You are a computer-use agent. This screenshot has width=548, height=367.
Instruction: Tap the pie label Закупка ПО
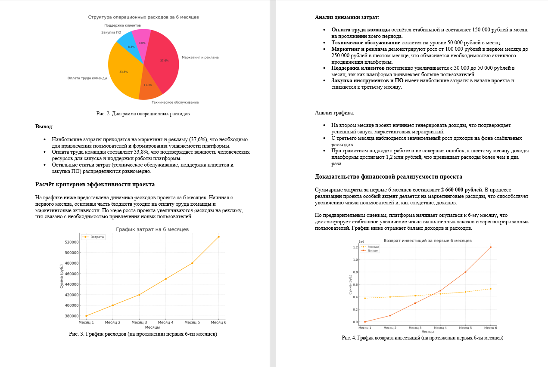(x=111, y=33)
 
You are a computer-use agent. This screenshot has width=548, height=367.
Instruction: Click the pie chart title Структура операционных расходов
(x=143, y=17)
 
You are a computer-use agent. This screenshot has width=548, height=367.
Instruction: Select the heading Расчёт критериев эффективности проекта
(x=95, y=185)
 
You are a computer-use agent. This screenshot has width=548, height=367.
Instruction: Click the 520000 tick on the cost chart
(x=70, y=242)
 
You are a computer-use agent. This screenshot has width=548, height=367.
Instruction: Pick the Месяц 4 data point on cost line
(x=165, y=279)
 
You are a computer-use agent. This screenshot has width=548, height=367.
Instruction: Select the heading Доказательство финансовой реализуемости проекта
(x=388, y=177)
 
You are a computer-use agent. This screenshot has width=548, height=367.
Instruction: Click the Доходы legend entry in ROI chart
(x=373, y=250)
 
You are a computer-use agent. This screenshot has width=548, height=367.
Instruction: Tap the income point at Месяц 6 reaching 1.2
(x=491, y=247)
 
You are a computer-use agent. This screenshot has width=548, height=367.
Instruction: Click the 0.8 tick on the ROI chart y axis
(x=355, y=272)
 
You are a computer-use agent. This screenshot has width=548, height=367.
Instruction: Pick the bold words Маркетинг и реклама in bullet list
(x=359, y=49)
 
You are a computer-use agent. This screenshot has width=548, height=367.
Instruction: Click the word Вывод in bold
(x=43, y=127)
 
